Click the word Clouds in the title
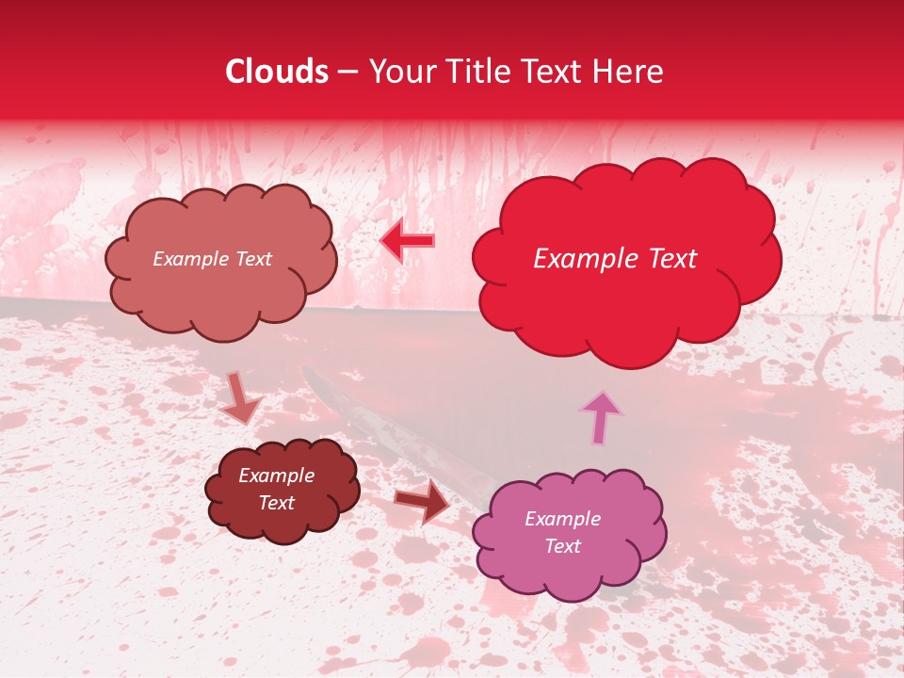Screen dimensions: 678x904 (277, 72)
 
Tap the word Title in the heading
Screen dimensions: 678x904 (481, 72)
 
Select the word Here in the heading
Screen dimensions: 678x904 (628, 72)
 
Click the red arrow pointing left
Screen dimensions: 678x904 (408, 242)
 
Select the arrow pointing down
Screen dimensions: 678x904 (241, 398)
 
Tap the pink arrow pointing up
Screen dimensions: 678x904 (600, 417)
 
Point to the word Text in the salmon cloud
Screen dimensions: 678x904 (252, 259)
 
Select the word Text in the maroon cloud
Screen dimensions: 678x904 (277, 503)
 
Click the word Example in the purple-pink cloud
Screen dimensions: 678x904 (562, 519)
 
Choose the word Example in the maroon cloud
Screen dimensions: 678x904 (277, 476)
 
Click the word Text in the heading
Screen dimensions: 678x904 (556, 72)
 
